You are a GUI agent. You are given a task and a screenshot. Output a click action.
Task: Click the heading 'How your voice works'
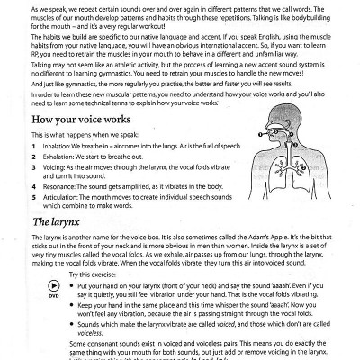tap(69, 119)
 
